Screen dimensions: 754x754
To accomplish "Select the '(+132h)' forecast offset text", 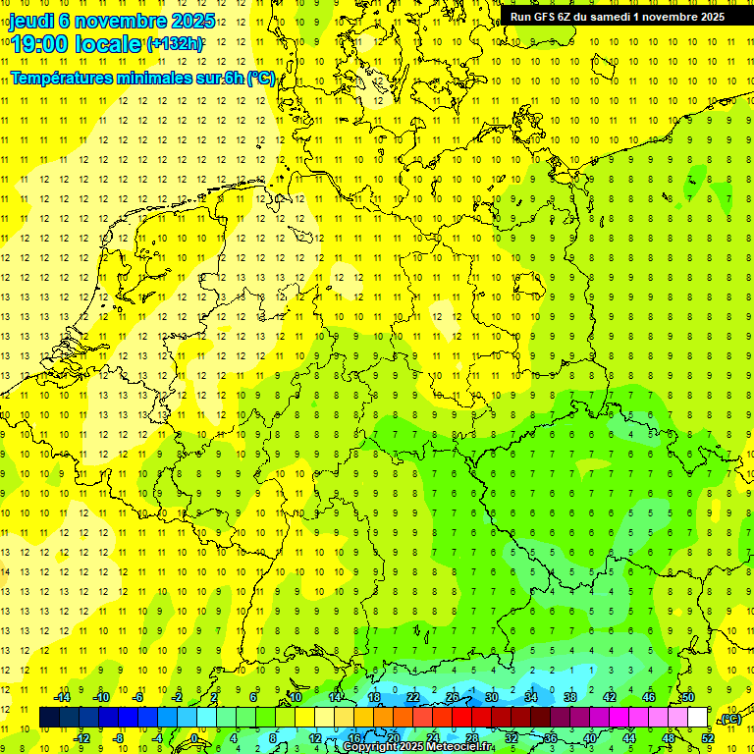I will coord(175,44).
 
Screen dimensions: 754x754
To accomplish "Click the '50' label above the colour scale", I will coord(687,697).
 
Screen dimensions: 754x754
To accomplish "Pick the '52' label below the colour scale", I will coord(708,737).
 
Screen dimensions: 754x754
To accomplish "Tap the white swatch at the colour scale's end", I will coord(697,718).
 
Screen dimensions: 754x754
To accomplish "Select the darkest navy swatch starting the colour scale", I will coord(49,718).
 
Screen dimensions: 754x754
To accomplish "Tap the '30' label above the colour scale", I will coord(491,697).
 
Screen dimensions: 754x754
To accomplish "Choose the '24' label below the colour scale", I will coord(432,737).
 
